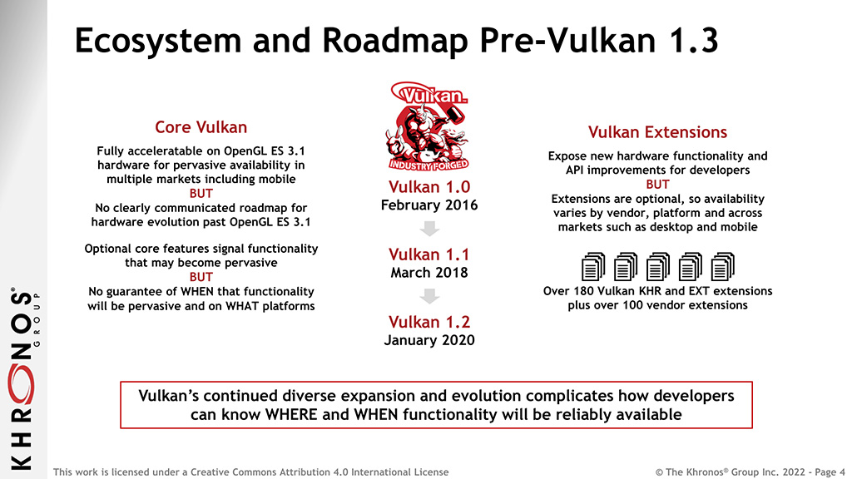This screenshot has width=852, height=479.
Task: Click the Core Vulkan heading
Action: (x=201, y=127)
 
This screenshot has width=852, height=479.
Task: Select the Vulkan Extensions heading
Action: (x=657, y=132)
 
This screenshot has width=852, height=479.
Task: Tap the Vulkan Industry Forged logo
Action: (x=428, y=126)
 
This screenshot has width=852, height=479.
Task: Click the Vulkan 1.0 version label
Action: (x=429, y=187)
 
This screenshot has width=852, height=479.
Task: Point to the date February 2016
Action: (x=429, y=205)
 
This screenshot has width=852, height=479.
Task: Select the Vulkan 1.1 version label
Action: (x=429, y=254)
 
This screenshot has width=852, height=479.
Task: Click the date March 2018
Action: (x=429, y=272)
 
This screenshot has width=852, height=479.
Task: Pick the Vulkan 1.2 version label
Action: (x=429, y=322)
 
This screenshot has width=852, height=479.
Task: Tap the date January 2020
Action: (x=429, y=340)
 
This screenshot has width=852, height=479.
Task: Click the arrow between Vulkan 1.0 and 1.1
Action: (x=429, y=228)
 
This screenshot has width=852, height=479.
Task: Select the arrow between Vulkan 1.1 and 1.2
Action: (x=429, y=295)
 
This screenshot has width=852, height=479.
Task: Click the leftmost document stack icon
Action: (x=592, y=267)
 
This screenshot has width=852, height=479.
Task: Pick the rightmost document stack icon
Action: (x=723, y=267)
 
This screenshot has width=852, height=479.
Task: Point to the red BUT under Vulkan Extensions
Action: (x=657, y=185)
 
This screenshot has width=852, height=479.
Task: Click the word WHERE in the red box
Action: (x=291, y=415)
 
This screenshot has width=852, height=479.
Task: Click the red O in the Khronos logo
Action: (x=21, y=385)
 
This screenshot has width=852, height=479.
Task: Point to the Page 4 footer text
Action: (x=830, y=472)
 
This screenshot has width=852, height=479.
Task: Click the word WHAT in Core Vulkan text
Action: (x=242, y=306)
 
